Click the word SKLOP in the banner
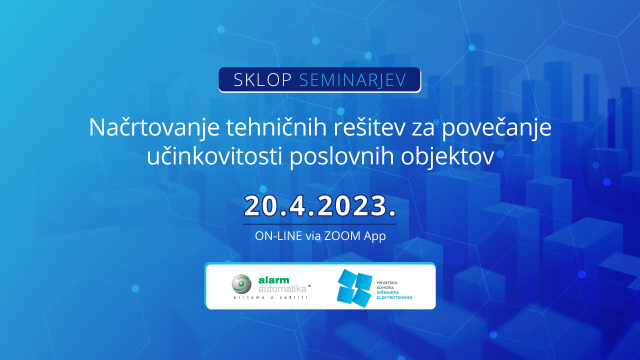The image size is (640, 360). click(x=262, y=80)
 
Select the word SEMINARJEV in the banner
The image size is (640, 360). click(x=352, y=80)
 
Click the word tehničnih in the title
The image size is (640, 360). click(x=276, y=127)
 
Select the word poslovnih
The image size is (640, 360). click(x=341, y=156)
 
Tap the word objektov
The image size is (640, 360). click(x=447, y=156)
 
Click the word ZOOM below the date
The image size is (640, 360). click(x=342, y=236)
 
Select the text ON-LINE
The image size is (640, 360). click(x=278, y=236)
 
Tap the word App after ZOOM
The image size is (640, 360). click(x=375, y=236)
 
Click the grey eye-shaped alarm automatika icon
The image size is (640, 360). click(x=241, y=284)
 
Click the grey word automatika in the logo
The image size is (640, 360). click(x=282, y=289)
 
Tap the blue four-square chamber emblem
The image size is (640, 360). click(x=354, y=288)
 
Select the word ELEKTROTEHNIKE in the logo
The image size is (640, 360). click(x=394, y=297)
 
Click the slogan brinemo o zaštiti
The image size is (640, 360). click(x=270, y=297)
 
